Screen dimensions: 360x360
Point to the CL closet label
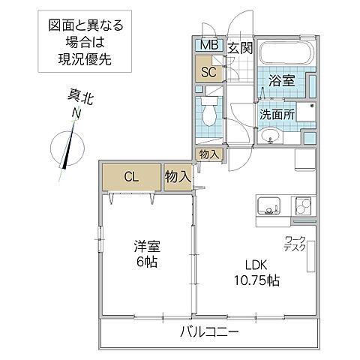[131, 177]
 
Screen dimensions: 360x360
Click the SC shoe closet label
[208, 73]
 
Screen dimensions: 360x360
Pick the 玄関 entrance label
[239, 47]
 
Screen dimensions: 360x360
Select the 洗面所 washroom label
[277, 114]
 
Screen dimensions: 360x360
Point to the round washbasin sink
[271, 136]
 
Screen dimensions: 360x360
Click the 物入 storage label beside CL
[178, 177]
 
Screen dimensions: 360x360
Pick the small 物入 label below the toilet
[208, 154]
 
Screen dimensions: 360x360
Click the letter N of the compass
[76, 112]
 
